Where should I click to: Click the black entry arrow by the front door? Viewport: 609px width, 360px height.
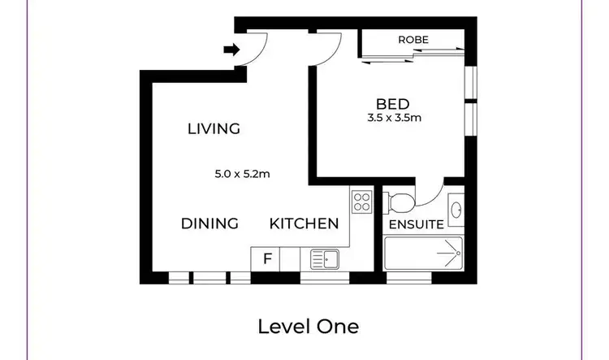231,50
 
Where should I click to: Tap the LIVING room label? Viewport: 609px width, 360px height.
214,128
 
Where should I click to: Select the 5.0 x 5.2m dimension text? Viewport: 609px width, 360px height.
242,173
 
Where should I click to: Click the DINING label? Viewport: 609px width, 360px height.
209,223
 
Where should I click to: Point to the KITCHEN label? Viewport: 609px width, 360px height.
304,223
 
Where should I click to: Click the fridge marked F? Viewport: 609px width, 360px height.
266,259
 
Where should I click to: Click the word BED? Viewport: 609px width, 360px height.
392,104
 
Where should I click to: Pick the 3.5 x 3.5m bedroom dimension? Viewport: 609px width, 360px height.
394,119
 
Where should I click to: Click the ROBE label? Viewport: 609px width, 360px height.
412,39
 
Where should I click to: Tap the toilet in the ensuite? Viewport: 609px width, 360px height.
400,201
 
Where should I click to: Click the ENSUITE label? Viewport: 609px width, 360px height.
417,223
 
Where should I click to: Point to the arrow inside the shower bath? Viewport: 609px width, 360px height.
447,254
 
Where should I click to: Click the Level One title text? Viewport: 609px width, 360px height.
308,327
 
